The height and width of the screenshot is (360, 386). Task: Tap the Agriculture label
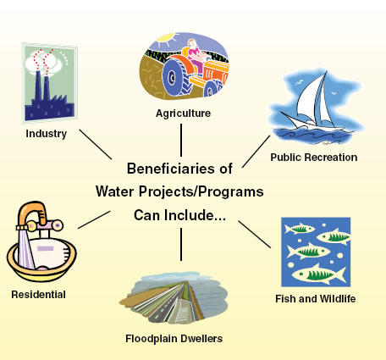coord(182,113)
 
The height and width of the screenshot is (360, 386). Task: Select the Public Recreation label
coord(314,158)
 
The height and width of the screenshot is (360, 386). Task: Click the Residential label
coord(38,295)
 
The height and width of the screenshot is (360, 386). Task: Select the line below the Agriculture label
coord(181,138)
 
